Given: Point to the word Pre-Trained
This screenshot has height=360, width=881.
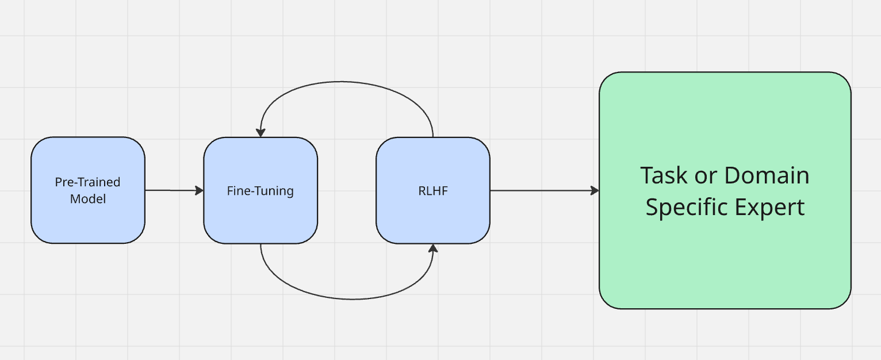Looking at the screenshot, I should click(87, 182).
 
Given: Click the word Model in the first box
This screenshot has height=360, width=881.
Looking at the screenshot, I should click(87, 199).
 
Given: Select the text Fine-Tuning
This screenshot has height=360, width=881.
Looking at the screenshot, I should click(260, 191).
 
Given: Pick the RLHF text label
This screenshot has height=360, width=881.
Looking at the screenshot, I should click(432, 191).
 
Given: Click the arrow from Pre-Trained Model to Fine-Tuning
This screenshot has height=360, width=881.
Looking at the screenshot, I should click(173, 190).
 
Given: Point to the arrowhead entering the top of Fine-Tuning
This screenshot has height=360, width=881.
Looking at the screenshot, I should click(261, 132).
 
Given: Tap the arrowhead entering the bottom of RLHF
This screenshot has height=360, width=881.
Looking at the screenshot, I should click(433, 248).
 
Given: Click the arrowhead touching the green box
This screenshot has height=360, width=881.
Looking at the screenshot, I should click(595, 190).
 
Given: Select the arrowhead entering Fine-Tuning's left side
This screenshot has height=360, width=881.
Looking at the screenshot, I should click(200, 190).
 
